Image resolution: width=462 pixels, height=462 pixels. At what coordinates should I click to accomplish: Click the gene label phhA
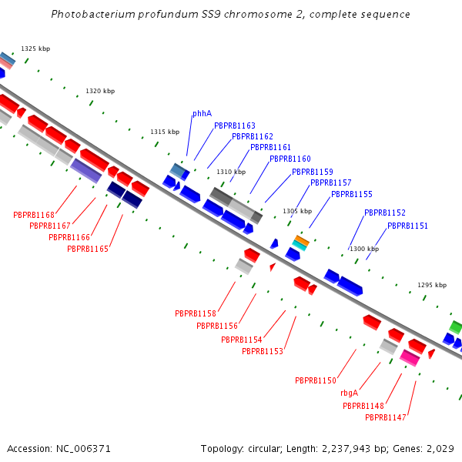[x=202, y=113]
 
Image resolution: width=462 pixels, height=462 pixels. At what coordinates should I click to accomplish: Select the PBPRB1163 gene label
[x=235, y=126]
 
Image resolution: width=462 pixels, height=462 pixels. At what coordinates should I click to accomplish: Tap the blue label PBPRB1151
[x=407, y=226]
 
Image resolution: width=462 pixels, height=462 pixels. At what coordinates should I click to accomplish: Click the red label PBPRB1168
[x=34, y=215]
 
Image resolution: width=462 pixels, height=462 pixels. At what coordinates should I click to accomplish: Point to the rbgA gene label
[x=349, y=393]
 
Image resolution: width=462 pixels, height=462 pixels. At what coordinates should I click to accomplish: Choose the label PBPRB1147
[x=386, y=417]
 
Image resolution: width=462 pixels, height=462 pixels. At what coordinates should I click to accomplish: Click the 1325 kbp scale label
[x=35, y=49]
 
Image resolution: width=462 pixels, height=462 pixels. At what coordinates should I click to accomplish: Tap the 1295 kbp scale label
[x=432, y=285]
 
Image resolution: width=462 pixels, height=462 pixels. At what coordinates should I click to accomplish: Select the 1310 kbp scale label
[x=230, y=172]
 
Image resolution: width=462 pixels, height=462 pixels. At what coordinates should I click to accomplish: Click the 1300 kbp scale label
[x=364, y=249]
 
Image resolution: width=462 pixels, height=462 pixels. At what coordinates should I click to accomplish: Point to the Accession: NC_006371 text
[x=59, y=448]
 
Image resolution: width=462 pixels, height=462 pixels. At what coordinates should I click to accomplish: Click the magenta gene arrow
[x=410, y=358]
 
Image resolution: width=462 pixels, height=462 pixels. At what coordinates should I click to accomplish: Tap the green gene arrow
[x=456, y=326]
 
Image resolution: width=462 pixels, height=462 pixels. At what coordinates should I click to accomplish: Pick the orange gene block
[x=301, y=242]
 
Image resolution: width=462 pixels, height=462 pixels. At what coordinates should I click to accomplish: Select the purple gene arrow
[x=85, y=170]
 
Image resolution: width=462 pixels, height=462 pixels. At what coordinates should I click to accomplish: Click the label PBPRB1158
[x=196, y=314]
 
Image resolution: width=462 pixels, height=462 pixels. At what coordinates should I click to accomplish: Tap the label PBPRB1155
[x=352, y=195]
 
